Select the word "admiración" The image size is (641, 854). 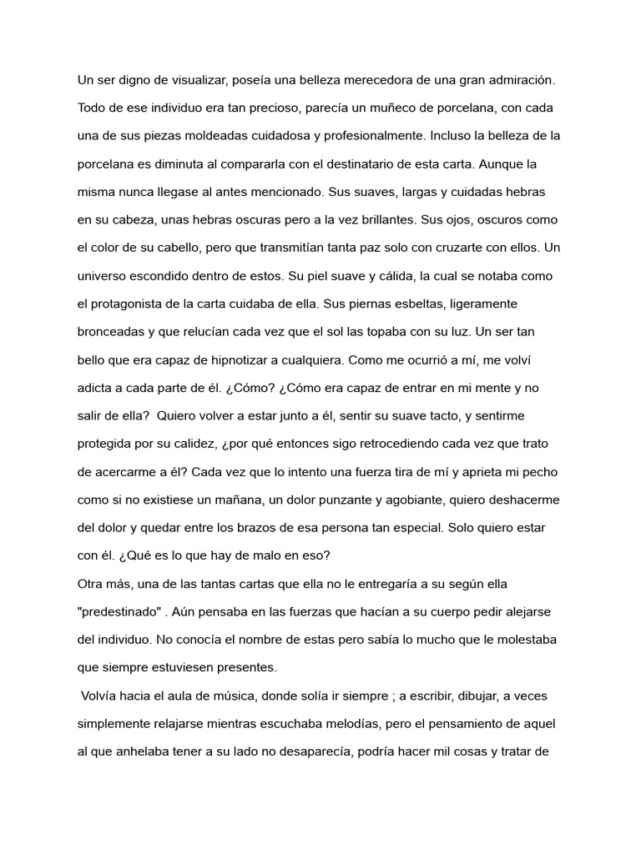coord(514,80)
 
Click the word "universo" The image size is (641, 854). coord(104,276)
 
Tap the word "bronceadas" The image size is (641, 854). coord(114,332)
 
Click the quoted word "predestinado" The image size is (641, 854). coord(119,612)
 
